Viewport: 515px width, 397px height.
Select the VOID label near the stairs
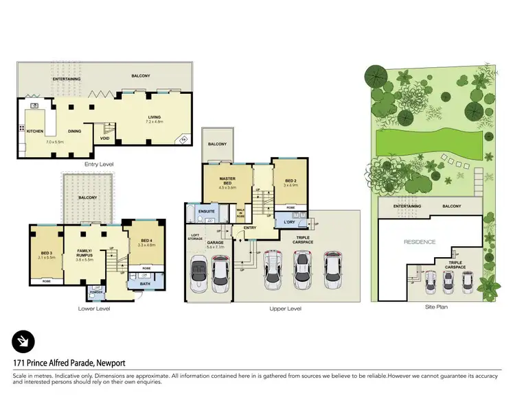(105, 137)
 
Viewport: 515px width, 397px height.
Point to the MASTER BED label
(227, 180)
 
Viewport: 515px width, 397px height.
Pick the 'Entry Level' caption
(98, 165)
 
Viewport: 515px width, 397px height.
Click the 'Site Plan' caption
(436, 307)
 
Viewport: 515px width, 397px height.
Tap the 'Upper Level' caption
(285, 309)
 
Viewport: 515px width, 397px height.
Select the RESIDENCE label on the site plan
(419, 242)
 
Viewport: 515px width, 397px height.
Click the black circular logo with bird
(23, 341)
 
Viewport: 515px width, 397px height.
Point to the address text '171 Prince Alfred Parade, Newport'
(69, 363)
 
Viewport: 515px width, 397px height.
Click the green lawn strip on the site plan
(426, 145)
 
